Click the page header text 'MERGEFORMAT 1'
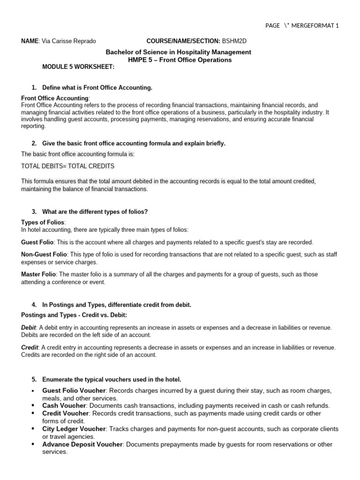[x=315, y=26]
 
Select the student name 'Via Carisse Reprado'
[x=69, y=41]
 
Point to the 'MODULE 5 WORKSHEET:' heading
[x=78, y=67]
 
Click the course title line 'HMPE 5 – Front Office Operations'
[x=180, y=60]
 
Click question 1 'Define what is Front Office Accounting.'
[x=97, y=88]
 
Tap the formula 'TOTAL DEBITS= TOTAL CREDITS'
[x=68, y=166]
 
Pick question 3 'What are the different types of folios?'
[x=95, y=212]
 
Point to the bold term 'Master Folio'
[x=39, y=274]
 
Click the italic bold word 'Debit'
[x=29, y=328]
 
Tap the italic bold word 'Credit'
[x=30, y=347]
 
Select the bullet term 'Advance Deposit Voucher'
[x=82, y=444]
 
